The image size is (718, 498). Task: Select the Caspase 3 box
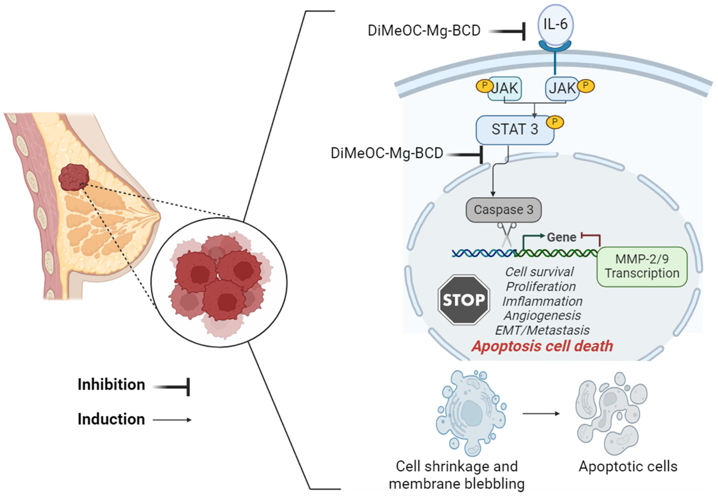(503, 210)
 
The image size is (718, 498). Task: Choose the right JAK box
(562, 88)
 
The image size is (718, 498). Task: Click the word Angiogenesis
(542, 315)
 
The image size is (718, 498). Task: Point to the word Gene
(561, 237)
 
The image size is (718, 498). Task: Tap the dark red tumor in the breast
(74, 178)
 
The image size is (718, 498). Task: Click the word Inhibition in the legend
(111, 385)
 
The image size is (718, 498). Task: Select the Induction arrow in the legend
(172, 420)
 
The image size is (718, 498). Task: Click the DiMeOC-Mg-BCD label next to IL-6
(424, 31)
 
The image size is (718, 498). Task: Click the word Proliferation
(541, 286)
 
